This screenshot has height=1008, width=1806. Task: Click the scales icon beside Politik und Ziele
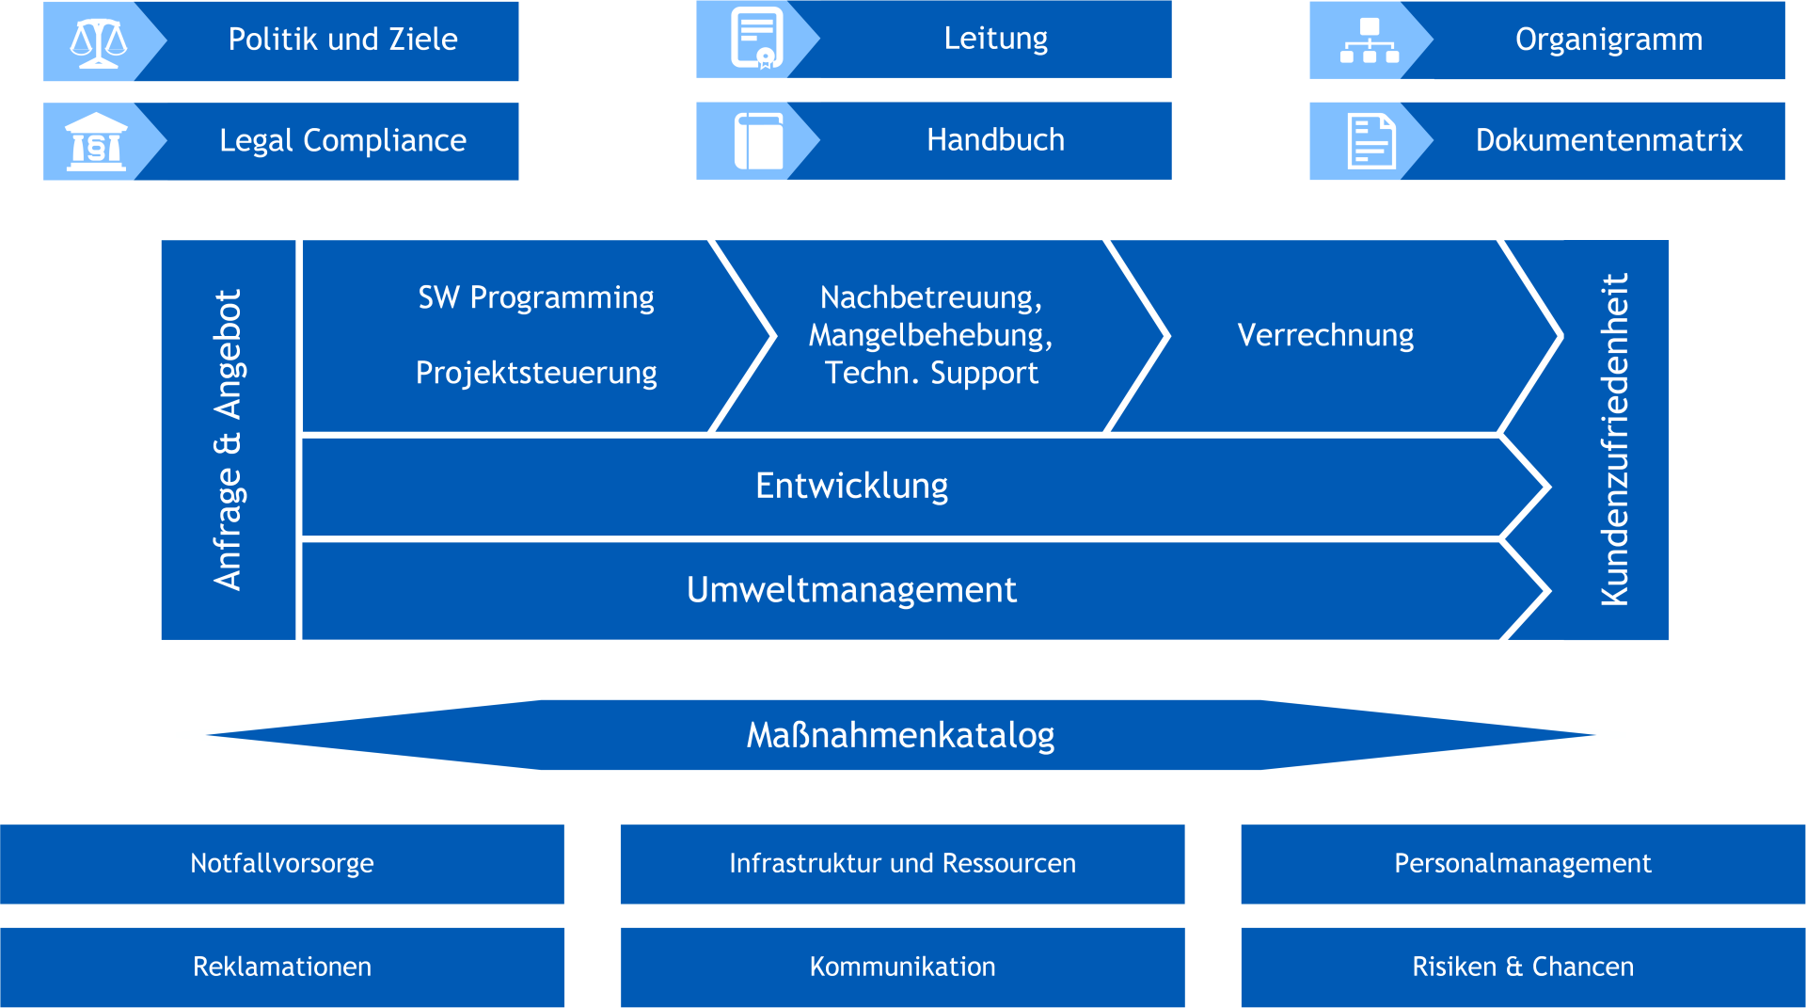(99, 42)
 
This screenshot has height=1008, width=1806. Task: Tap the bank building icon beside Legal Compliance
(96, 142)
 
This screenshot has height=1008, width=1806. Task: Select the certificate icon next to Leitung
(757, 39)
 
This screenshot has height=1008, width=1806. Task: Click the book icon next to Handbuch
(758, 141)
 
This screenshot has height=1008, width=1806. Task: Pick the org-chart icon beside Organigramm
(1370, 40)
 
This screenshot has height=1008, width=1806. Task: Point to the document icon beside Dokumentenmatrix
(1371, 141)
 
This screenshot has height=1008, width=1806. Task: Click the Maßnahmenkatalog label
(900, 735)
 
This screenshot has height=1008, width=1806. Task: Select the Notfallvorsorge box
(282, 864)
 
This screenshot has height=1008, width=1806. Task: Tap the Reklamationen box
(282, 968)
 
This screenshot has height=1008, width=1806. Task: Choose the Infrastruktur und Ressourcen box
(902, 864)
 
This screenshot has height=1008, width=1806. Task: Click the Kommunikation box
(902, 968)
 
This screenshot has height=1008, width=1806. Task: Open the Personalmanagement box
(1523, 864)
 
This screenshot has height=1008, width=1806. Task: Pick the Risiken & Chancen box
(1523, 968)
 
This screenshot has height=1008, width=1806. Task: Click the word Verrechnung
(1325, 336)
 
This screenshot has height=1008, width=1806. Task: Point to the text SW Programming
(536, 298)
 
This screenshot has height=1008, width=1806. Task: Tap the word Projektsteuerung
(536, 374)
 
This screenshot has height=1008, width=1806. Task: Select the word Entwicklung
(851, 487)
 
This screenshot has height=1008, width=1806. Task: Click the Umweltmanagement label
(851, 590)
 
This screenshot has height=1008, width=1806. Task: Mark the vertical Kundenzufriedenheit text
(1614, 440)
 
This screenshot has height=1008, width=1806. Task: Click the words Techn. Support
(931, 374)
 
